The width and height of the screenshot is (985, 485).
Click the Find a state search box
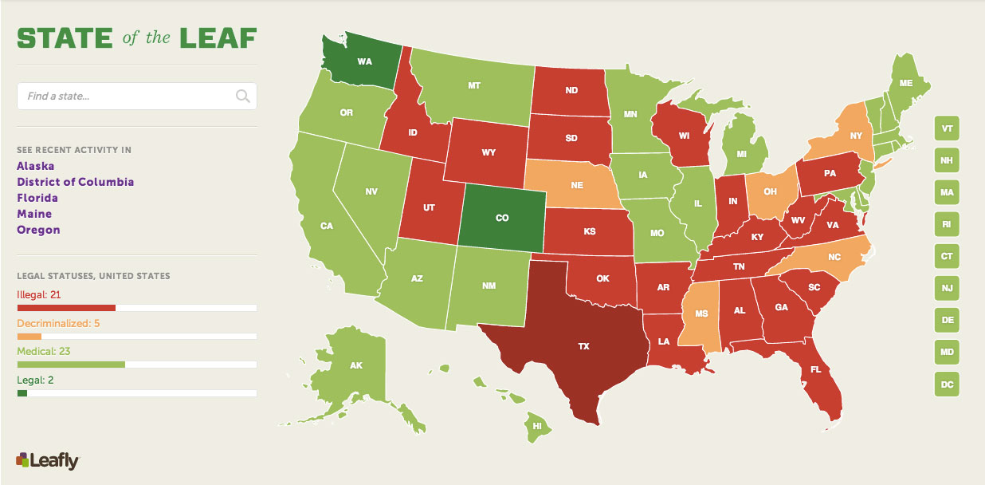128,97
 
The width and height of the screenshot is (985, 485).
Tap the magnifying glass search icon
242,97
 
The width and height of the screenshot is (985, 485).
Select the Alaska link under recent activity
36,166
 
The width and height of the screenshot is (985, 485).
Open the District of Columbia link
76,182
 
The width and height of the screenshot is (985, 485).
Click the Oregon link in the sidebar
38,230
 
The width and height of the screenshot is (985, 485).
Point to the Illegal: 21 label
39,295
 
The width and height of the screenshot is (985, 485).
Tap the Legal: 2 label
35,381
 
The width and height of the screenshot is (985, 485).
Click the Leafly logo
47,460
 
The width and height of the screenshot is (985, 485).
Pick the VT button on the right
947,128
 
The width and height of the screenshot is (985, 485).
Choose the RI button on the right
947,225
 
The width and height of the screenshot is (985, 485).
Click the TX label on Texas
583,347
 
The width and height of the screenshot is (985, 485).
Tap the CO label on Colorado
502,218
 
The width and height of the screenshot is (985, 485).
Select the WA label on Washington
364,61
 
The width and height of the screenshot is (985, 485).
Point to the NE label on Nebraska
576,183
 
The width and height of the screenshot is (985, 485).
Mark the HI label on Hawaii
537,427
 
